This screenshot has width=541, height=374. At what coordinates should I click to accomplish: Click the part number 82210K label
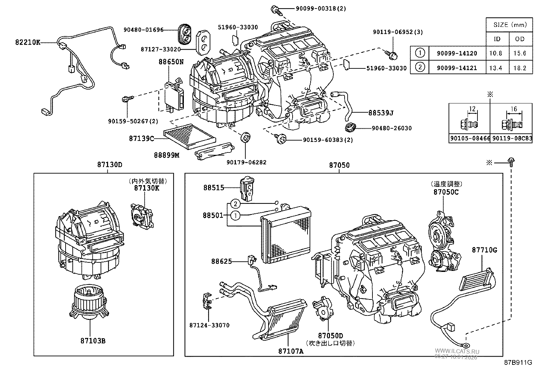28,43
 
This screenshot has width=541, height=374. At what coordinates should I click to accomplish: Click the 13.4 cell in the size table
496,68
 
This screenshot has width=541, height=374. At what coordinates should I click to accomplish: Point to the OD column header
520,39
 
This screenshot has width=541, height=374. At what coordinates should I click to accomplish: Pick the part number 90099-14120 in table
457,53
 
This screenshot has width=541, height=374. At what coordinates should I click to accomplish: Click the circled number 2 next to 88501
235,204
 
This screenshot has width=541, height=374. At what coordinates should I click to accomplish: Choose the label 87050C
446,192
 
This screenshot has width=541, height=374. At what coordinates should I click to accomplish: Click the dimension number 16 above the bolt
514,109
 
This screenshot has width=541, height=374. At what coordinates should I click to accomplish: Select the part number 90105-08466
470,138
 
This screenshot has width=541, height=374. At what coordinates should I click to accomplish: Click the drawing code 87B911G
518,363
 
